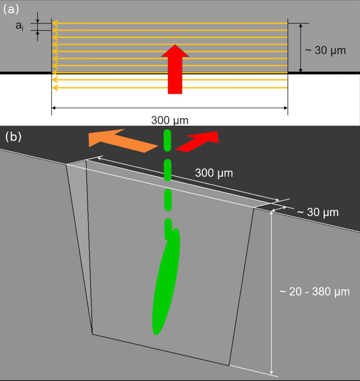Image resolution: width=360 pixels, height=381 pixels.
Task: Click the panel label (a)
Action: [x=12, y=9]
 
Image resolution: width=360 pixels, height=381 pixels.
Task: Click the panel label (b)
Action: [x=13, y=136]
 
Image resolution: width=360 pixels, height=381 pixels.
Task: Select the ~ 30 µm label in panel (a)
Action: [x=326, y=50]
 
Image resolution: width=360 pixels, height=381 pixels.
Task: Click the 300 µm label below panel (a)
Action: [x=169, y=120]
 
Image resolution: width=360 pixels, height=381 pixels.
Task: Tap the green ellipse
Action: [x=166, y=282]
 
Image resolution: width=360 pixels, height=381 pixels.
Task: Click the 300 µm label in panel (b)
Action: [x=214, y=173]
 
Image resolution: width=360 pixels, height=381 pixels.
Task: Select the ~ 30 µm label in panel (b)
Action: [x=317, y=212]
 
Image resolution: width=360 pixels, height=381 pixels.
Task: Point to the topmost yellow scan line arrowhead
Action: [x=54, y=23]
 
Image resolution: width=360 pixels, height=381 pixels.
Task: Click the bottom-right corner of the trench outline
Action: [x=229, y=365]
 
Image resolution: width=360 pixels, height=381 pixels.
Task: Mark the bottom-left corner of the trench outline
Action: [x=93, y=335]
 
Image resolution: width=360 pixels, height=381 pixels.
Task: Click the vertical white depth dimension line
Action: [x=272, y=290]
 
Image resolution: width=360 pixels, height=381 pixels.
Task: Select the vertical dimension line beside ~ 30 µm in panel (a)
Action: [x=301, y=48]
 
